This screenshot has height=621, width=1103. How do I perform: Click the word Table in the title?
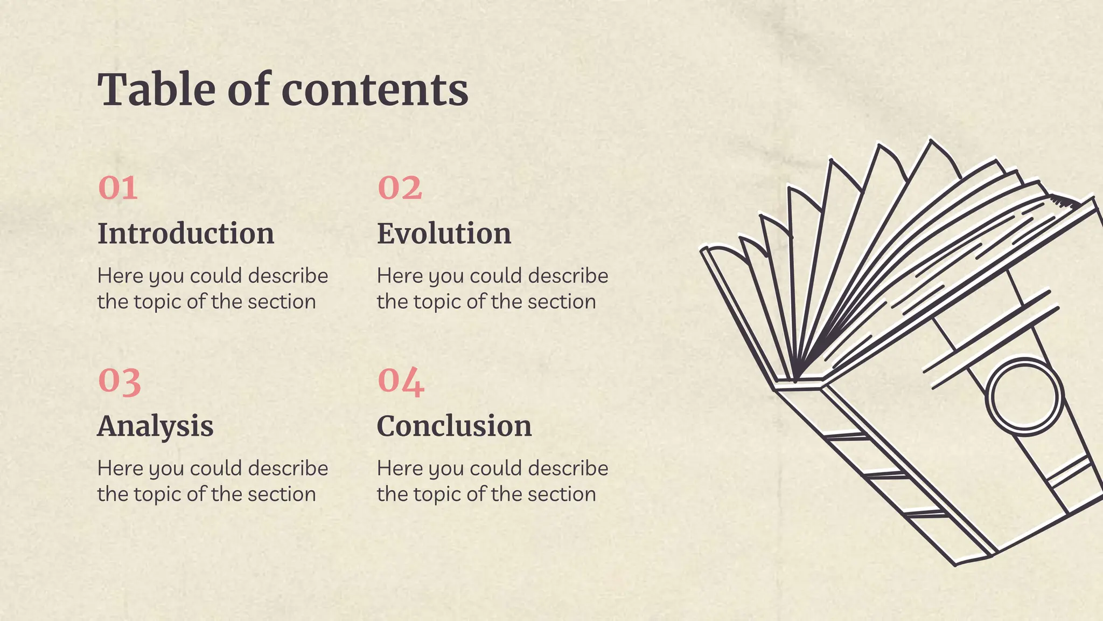click(x=157, y=89)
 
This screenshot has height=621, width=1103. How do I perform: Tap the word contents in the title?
click(x=375, y=90)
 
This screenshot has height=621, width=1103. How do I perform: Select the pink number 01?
click(x=118, y=188)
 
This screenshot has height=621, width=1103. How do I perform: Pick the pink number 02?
click(x=400, y=188)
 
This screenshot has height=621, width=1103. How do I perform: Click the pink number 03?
click(x=120, y=381)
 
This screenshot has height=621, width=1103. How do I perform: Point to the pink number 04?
click(x=401, y=381)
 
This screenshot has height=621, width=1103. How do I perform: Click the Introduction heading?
click(x=186, y=233)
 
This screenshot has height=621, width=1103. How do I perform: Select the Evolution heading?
click(x=444, y=233)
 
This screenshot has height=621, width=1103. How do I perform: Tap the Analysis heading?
click(x=155, y=426)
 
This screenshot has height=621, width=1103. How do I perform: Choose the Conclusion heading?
click(x=454, y=426)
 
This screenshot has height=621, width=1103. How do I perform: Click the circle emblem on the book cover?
click(x=1024, y=396)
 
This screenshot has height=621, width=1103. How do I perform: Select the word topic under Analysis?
click(x=158, y=495)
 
